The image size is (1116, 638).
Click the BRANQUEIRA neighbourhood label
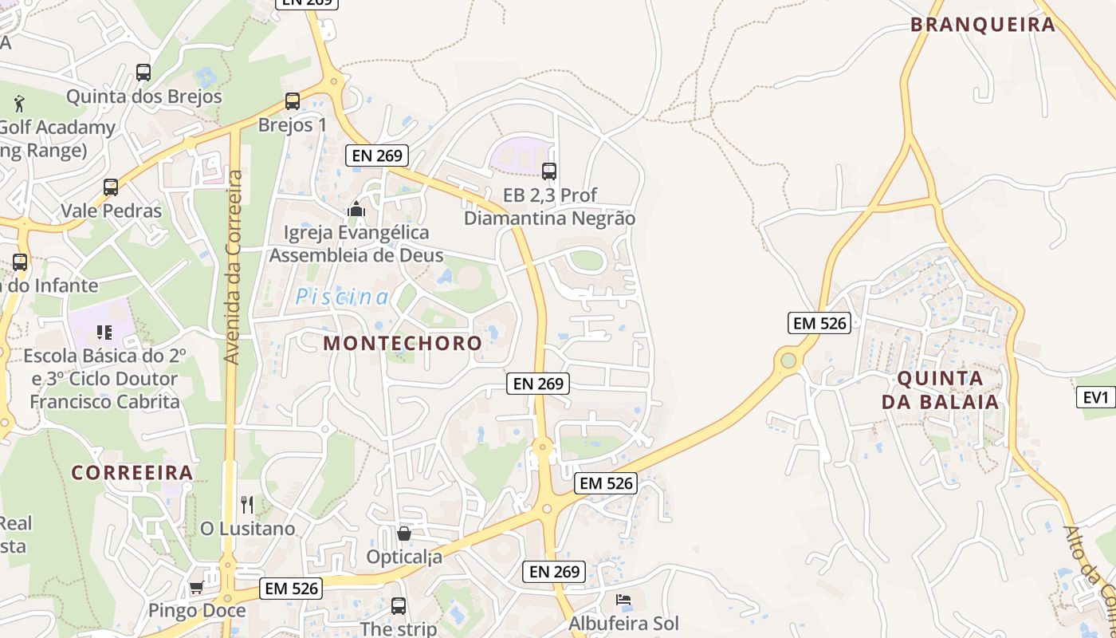coord(983,25)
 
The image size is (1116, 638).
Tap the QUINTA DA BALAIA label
coord(941,390)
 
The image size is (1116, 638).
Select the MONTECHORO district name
coord(403,343)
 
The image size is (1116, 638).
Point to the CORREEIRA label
coord(132,472)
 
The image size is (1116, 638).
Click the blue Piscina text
coord(343,297)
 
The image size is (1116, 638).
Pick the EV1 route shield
coord(1096,397)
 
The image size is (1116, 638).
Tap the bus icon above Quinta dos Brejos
coord(143,73)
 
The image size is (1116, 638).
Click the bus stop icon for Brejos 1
coord(293,101)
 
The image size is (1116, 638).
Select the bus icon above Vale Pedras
coord(111,187)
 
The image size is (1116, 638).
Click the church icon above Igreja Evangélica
coord(356,210)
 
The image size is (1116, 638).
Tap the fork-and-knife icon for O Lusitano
coord(247,505)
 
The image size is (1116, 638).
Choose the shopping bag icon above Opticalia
coord(404,534)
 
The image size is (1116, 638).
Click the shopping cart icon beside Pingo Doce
coord(196,588)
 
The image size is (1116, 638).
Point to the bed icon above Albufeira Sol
coord(623,599)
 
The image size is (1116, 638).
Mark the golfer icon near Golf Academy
coord(20,103)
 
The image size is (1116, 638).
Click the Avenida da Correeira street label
coord(233,267)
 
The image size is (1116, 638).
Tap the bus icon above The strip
coord(399,606)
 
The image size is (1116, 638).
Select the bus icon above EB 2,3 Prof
coord(549,171)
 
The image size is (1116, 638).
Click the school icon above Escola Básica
coord(104,332)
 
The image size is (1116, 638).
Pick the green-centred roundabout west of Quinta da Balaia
coord(788,360)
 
